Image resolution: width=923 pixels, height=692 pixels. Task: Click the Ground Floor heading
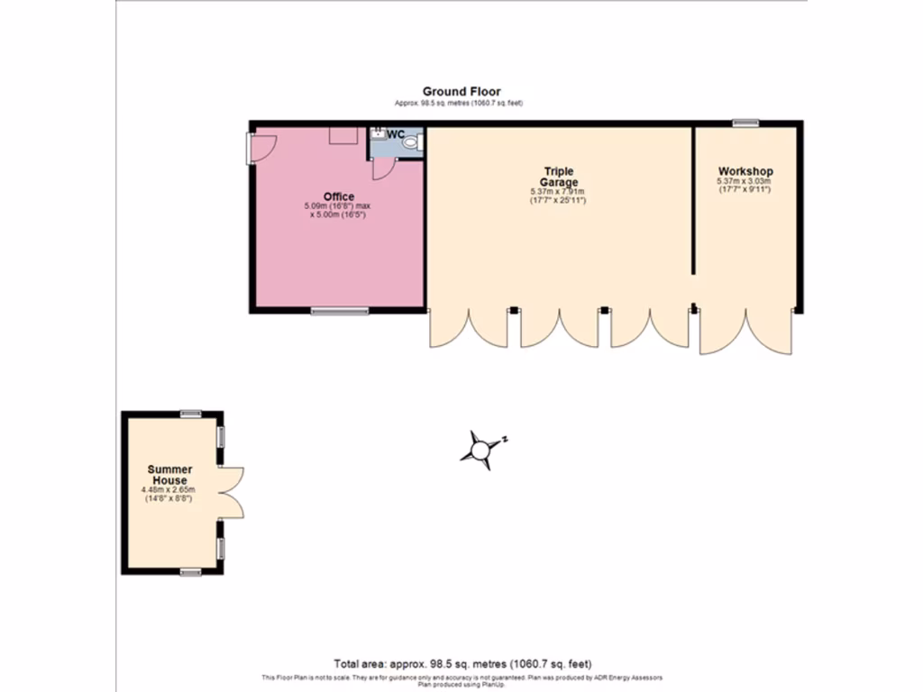click(x=461, y=91)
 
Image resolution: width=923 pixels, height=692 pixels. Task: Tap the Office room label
click(x=339, y=196)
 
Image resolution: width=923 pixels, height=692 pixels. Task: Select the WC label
click(x=396, y=134)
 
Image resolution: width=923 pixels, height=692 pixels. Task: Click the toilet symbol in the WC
click(x=412, y=142)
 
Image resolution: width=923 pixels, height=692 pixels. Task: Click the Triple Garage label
click(x=558, y=177)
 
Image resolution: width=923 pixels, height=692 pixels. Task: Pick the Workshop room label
click(x=745, y=171)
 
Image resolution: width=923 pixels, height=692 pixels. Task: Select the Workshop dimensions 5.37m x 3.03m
click(x=745, y=185)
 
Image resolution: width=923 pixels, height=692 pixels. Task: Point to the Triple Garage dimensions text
click(x=558, y=196)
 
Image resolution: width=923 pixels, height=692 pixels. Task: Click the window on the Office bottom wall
click(x=340, y=311)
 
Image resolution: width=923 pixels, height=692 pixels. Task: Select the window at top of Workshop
click(x=745, y=123)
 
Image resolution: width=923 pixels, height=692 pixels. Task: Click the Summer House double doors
click(x=231, y=492)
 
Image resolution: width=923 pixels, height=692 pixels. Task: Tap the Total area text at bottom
click(x=461, y=664)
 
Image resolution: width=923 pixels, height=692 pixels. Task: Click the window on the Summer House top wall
click(x=190, y=414)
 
